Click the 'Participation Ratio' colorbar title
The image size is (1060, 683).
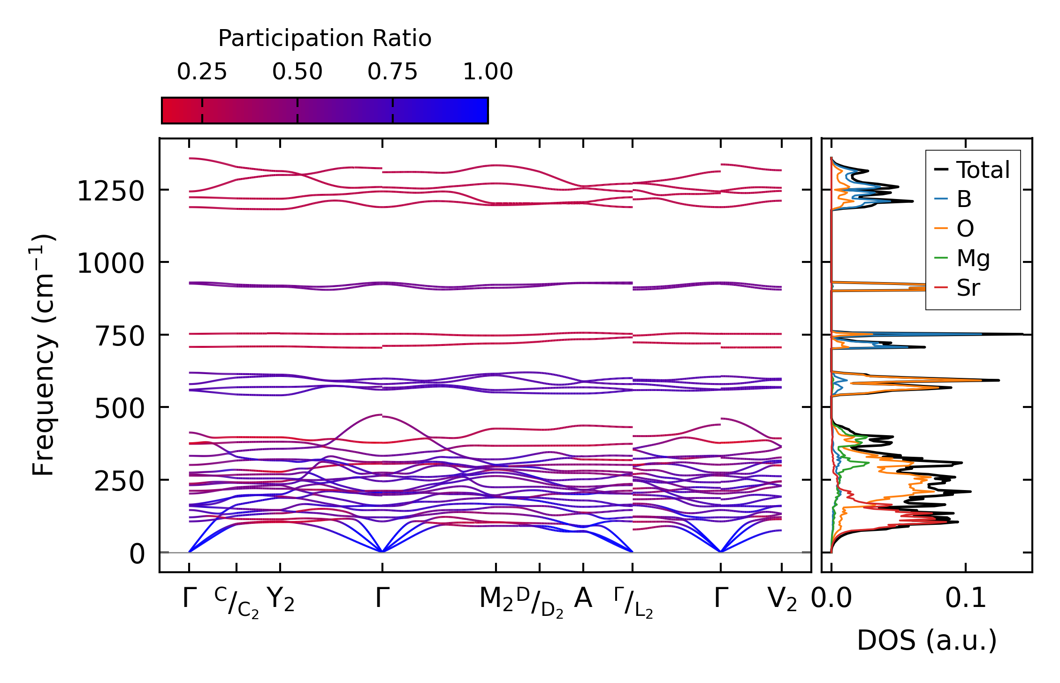(325, 38)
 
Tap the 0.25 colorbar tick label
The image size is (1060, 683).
(202, 72)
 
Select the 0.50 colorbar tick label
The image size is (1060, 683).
(297, 72)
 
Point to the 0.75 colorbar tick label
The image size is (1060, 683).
(392, 72)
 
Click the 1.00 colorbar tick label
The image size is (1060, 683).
(488, 72)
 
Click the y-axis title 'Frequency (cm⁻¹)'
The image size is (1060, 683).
(43, 355)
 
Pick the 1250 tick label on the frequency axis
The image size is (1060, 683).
(110, 192)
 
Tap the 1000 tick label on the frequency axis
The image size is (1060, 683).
(110, 263)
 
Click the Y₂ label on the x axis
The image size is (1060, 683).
(281, 599)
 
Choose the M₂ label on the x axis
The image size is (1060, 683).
(496, 599)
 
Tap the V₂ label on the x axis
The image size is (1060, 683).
(782, 599)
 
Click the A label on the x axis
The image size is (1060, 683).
(583, 599)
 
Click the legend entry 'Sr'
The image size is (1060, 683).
(968, 288)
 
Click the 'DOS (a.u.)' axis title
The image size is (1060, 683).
(927, 641)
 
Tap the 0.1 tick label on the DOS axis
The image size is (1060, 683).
(966, 599)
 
